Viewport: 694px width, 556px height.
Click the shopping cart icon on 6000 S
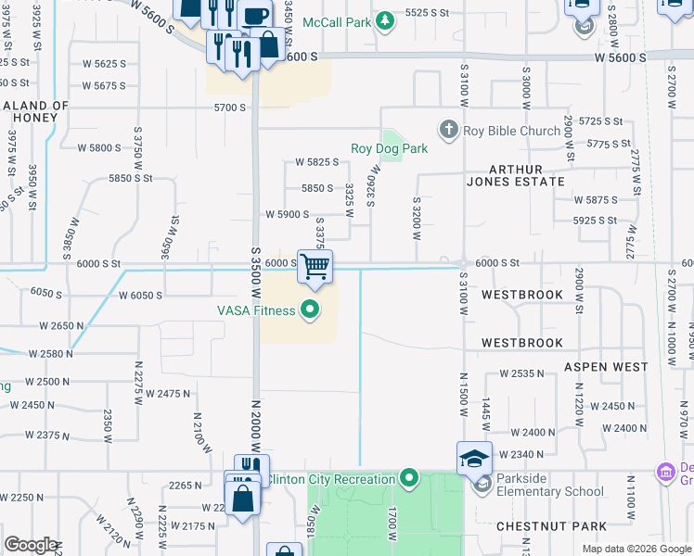(x=315, y=267)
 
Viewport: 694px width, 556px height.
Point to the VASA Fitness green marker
(x=310, y=310)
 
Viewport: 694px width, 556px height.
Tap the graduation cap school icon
(x=473, y=458)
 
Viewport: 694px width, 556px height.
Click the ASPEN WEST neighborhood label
(x=606, y=367)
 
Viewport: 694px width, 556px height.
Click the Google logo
(x=31, y=545)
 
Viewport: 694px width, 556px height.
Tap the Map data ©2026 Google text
(x=636, y=549)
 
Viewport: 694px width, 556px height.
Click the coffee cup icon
(x=255, y=16)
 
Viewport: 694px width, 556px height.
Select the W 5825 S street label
(x=316, y=161)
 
